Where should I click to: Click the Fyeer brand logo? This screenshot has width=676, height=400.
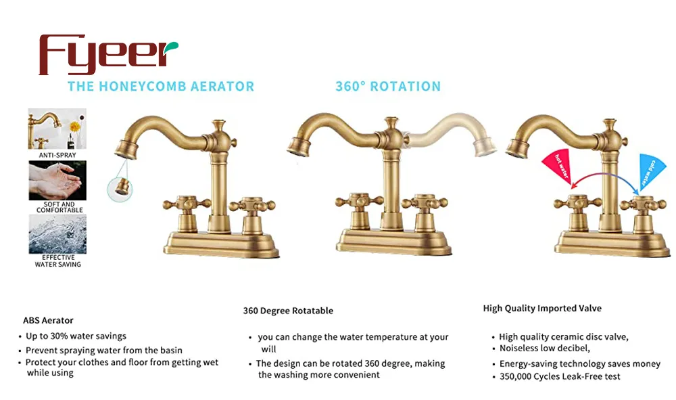pos(108,54)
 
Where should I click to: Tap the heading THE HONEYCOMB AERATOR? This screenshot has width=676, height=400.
pos(161,87)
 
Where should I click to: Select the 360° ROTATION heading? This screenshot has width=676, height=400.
pos(388,87)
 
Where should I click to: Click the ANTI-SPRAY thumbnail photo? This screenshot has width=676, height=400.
pos(57,129)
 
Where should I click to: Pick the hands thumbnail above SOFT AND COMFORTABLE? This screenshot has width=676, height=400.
pos(57,180)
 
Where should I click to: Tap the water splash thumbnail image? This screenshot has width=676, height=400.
pos(57,234)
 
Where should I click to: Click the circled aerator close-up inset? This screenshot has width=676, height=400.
pos(120,189)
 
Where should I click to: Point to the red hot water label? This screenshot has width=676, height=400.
pos(558,166)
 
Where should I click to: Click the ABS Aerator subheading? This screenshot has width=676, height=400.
pos(48,321)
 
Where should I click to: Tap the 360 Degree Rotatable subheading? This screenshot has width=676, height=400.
pos(288,311)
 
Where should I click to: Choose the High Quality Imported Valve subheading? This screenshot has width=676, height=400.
pos(542,309)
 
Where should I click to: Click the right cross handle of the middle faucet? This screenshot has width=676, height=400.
pos(425,202)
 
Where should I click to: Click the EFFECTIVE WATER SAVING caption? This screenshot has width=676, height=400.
pos(57,261)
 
